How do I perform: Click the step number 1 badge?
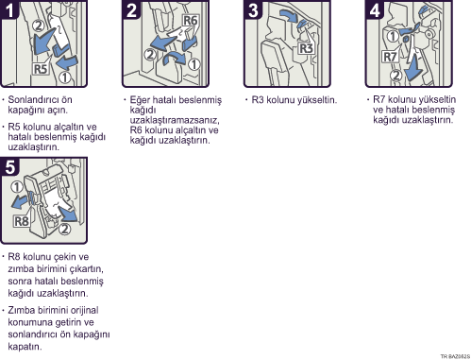pos(9,9)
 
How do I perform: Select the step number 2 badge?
pos(131,9)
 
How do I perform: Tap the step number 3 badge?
pos(253,9)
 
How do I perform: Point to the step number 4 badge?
pos(375,9)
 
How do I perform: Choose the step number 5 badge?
pos(9,166)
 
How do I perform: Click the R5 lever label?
pos(41,69)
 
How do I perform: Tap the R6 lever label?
pos(190,21)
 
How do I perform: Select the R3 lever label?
pos(306,48)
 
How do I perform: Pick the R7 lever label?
pos(390,57)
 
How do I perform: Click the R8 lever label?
pos(22,221)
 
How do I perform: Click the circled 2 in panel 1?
pos(39,26)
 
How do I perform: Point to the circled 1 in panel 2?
pos(194,64)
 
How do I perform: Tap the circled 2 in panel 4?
pos(396,75)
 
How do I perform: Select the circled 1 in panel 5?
pos(17,187)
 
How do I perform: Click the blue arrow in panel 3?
pos(289,16)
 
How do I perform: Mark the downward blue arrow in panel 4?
pos(412,67)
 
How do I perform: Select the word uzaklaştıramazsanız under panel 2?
pos(175,120)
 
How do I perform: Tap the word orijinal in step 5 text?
pos(84,310)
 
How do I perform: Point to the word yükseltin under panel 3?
pos(318,100)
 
